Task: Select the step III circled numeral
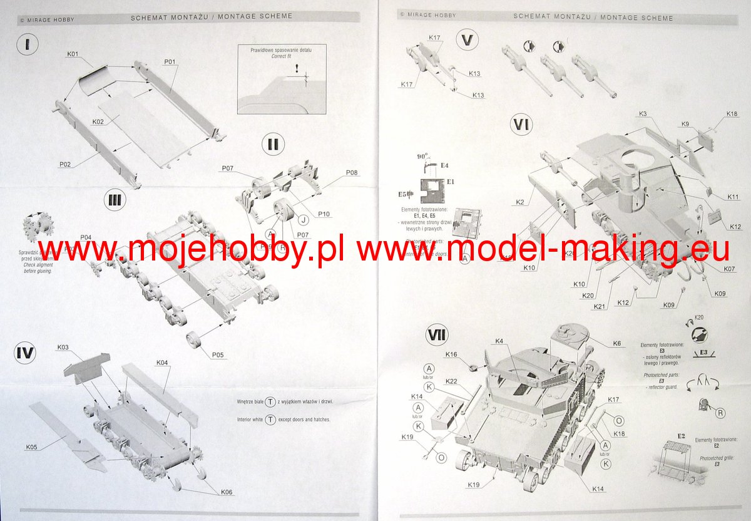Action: pyautogui.click(x=116, y=201)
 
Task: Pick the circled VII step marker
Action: pyautogui.click(x=436, y=336)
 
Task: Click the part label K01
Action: pyautogui.click(x=73, y=54)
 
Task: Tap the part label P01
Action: pyautogui.click(x=169, y=61)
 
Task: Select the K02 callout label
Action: pyautogui.click(x=98, y=121)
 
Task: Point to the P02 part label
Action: pyautogui.click(x=66, y=164)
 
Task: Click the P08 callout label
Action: pyautogui.click(x=352, y=173)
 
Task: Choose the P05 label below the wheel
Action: pyautogui.click(x=217, y=354)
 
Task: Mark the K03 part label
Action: pyautogui.click(x=63, y=348)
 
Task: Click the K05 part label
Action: pyautogui.click(x=31, y=447)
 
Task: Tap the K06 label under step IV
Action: pyautogui.click(x=227, y=492)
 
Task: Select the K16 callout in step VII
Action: pyautogui.click(x=451, y=354)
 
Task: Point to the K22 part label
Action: pyautogui.click(x=452, y=381)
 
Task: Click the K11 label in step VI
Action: pyautogui.click(x=733, y=197)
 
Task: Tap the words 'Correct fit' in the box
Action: pyautogui.click(x=281, y=56)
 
